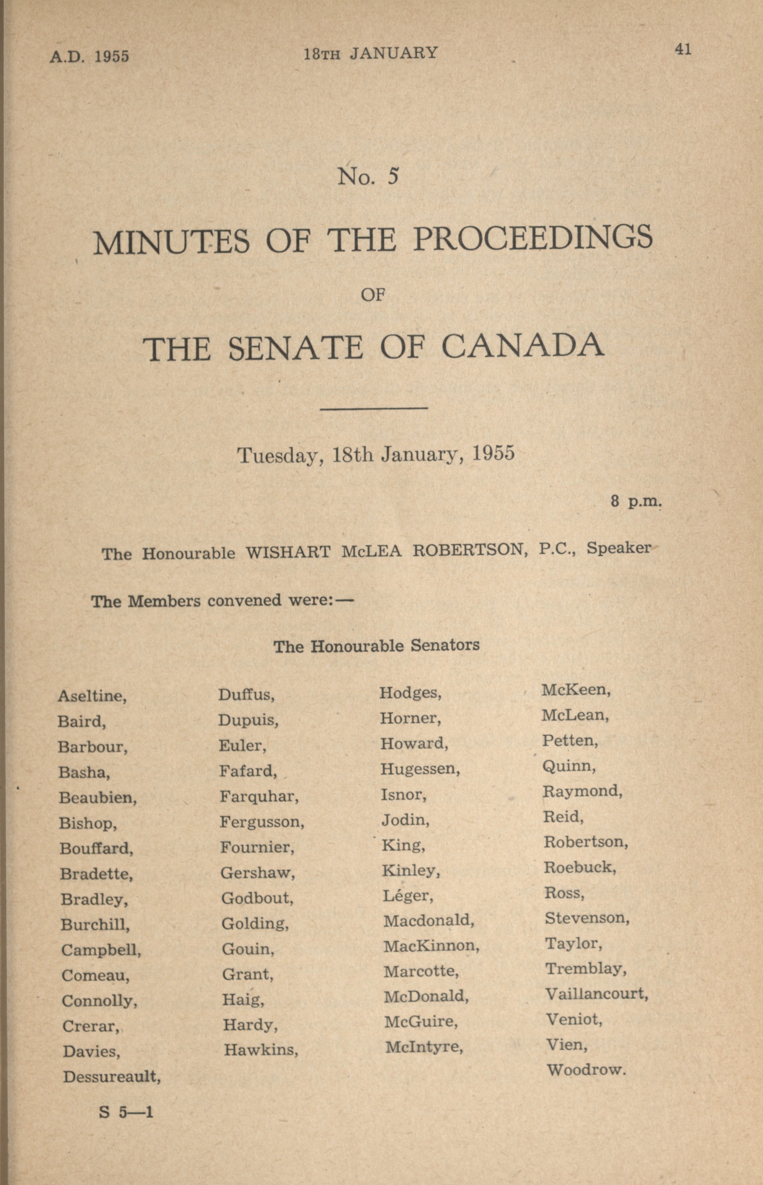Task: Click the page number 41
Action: [x=683, y=49]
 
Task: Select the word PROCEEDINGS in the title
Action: [x=533, y=238]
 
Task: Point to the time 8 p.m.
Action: [x=636, y=502]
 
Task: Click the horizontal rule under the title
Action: [x=374, y=408]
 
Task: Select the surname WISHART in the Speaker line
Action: [x=288, y=552]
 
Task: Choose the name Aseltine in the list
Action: [x=92, y=697]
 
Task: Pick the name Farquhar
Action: [x=259, y=796]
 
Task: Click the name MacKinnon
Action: [x=431, y=946]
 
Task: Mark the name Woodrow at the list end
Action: [x=587, y=1070]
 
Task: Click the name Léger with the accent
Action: [x=407, y=896]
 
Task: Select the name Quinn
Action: [x=569, y=766]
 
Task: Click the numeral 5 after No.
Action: [x=393, y=176]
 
